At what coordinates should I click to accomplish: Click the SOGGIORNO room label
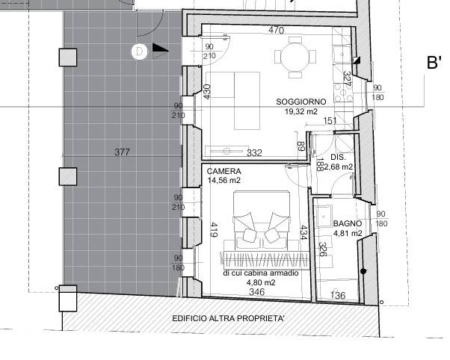pyautogui.click(x=301, y=102)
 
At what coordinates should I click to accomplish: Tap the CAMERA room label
pyautogui.click(x=224, y=171)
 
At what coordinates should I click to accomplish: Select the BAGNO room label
pyautogui.click(x=348, y=223)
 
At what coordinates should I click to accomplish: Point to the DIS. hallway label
pyautogui.click(x=339, y=157)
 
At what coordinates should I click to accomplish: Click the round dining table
pyautogui.click(x=295, y=57)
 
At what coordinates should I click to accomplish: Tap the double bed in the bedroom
pyautogui.click(x=261, y=220)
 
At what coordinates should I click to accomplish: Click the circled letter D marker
pyautogui.click(x=140, y=52)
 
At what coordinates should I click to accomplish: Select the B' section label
pyautogui.click(x=434, y=63)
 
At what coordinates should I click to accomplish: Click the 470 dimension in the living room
pyautogui.click(x=276, y=30)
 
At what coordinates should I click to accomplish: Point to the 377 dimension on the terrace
pyautogui.click(x=123, y=152)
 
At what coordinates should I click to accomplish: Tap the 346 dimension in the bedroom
pyautogui.click(x=257, y=292)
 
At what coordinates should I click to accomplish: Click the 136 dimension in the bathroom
pyautogui.click(x=338, y=295)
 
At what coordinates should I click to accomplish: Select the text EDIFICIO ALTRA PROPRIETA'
pyautogui.click(x=228, y=318)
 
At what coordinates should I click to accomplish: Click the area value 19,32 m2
pyautogui.click(x=301, y=111)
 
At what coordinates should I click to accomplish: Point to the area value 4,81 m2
pyautogui.click(x=348, y=233)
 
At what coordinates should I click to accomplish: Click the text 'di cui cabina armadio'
pyautogui.click(x=261, y=273)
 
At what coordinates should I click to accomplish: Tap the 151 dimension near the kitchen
pyautogui.click(x=330, y=121)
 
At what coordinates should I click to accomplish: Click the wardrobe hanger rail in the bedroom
pyautogui.click(x=265, y=260)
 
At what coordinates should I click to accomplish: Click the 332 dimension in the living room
pyautogui.click(x=254, y=153)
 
